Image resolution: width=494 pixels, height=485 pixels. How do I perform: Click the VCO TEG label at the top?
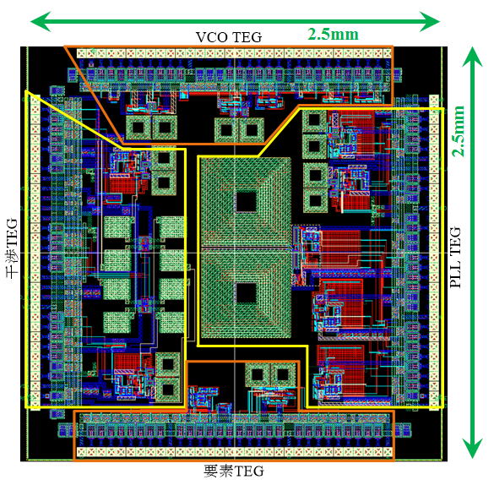(229, 37)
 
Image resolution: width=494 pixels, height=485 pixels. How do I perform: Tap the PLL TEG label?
(455, 257)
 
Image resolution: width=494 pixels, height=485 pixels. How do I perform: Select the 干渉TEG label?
(12, 248)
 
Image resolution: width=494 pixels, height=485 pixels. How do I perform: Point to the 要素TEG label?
(233, 471)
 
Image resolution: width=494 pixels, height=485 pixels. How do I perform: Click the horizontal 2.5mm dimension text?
(333, 34)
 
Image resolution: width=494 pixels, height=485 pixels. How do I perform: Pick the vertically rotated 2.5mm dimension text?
(459, 131)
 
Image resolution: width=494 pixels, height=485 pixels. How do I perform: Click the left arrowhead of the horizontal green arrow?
(41, 21)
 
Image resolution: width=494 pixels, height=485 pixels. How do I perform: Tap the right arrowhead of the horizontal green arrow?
(430, 21)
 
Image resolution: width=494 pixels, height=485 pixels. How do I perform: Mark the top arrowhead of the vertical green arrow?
(472, 57)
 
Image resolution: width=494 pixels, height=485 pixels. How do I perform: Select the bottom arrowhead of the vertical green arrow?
(472, 448)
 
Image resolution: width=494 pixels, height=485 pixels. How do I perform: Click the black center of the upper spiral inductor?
(246, 201)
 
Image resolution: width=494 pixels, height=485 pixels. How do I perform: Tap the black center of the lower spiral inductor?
(246, 292)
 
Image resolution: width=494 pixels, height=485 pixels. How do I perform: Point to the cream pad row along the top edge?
(234, 53)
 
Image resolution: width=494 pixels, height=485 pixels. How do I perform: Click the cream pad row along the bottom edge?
(235, 452)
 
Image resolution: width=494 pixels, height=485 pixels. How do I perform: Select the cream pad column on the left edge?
(35, 252)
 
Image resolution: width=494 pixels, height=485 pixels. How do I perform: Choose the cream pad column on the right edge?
(434, 252)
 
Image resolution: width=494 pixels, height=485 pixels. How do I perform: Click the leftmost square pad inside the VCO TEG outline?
(138, 128)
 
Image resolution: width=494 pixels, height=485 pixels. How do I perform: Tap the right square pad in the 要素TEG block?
(283, 374)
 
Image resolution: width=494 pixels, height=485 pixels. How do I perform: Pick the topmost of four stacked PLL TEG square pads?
(314, 120)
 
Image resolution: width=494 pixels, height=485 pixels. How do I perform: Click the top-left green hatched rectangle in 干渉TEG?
(117, 227)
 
